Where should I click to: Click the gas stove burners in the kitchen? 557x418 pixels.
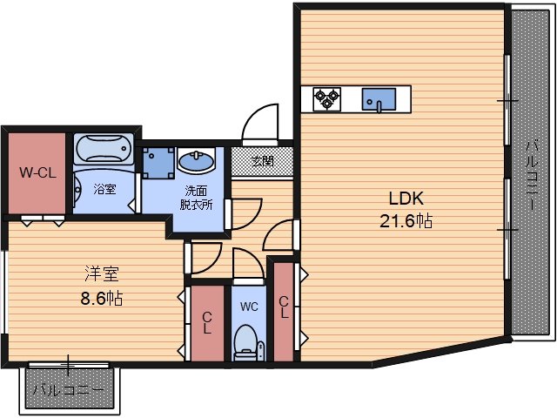point(327,99)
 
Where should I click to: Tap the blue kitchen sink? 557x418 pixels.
point(379,99)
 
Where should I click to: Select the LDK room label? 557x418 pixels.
point(406,199)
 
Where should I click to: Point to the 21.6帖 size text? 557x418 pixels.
point(406,221)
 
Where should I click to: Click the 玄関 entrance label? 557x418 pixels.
point(263,161)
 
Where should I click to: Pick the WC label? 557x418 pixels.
point(249,307)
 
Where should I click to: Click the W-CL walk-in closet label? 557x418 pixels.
point(37,173)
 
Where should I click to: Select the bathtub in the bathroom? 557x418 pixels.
point(104,148)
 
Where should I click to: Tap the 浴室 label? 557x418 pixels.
point(104,189)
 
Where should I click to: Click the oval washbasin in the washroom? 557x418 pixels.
point(196,160)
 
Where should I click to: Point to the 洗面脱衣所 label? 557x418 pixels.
point(196,198)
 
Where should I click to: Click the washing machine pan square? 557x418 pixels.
point(158,163)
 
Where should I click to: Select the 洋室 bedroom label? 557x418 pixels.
point(102,273)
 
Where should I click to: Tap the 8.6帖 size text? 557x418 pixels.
point(102,299)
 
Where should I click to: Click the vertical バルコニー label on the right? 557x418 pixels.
point(532,176)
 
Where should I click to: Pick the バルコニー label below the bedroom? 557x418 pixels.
point(70,390)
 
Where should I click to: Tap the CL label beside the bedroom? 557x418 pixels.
point(207,323)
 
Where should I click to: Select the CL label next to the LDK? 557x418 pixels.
point(284,307)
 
